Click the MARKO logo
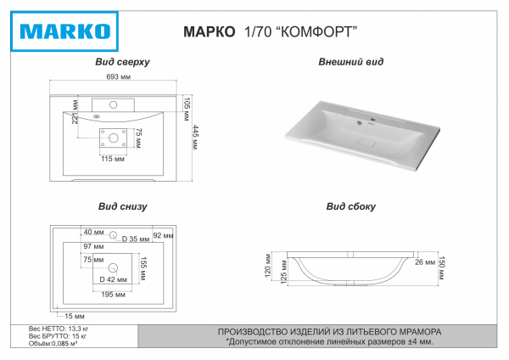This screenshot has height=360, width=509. pos(63,31)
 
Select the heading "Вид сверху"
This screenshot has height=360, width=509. pos(123,62)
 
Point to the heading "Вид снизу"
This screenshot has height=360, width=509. pos(123,206)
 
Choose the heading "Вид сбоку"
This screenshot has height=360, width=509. pos(350,206)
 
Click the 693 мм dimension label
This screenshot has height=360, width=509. pos(118,77)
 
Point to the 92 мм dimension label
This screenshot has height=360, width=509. pos(162,234)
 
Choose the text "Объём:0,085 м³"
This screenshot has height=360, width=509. pos(53,344)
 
